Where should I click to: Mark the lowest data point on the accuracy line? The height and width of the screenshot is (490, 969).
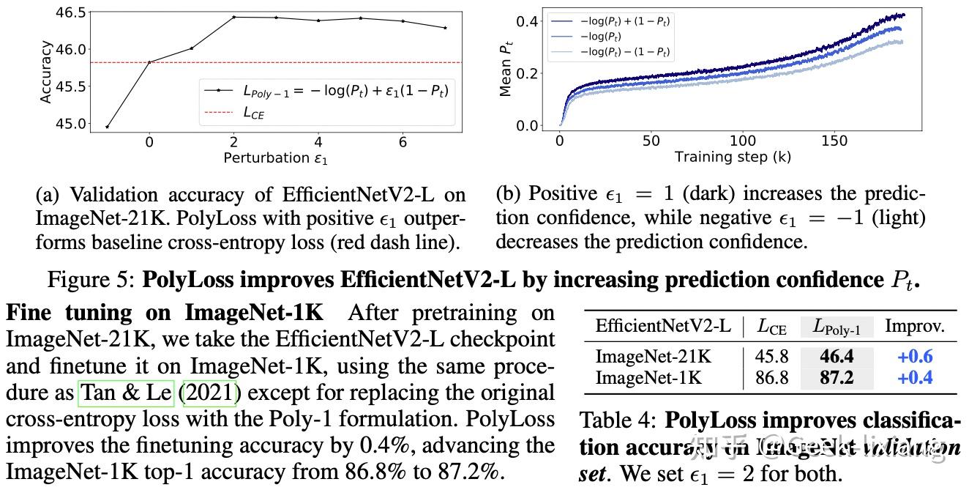(x=108, y=127)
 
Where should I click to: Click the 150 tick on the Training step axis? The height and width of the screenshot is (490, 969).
(x=835, y=141)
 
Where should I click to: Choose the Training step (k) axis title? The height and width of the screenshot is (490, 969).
(x=732, y=157)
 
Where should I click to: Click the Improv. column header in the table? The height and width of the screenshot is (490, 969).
(x=914, y=325)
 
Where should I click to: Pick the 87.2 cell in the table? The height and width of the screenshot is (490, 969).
(x=837, y=378)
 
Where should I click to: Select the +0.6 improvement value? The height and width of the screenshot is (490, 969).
(x=914, y=357)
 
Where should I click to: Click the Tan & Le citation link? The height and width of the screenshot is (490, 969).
(x=125, y=393)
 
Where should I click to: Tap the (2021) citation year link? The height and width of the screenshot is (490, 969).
(x=210, y=393)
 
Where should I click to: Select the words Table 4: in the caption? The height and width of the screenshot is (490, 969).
(x=619, y=421)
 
